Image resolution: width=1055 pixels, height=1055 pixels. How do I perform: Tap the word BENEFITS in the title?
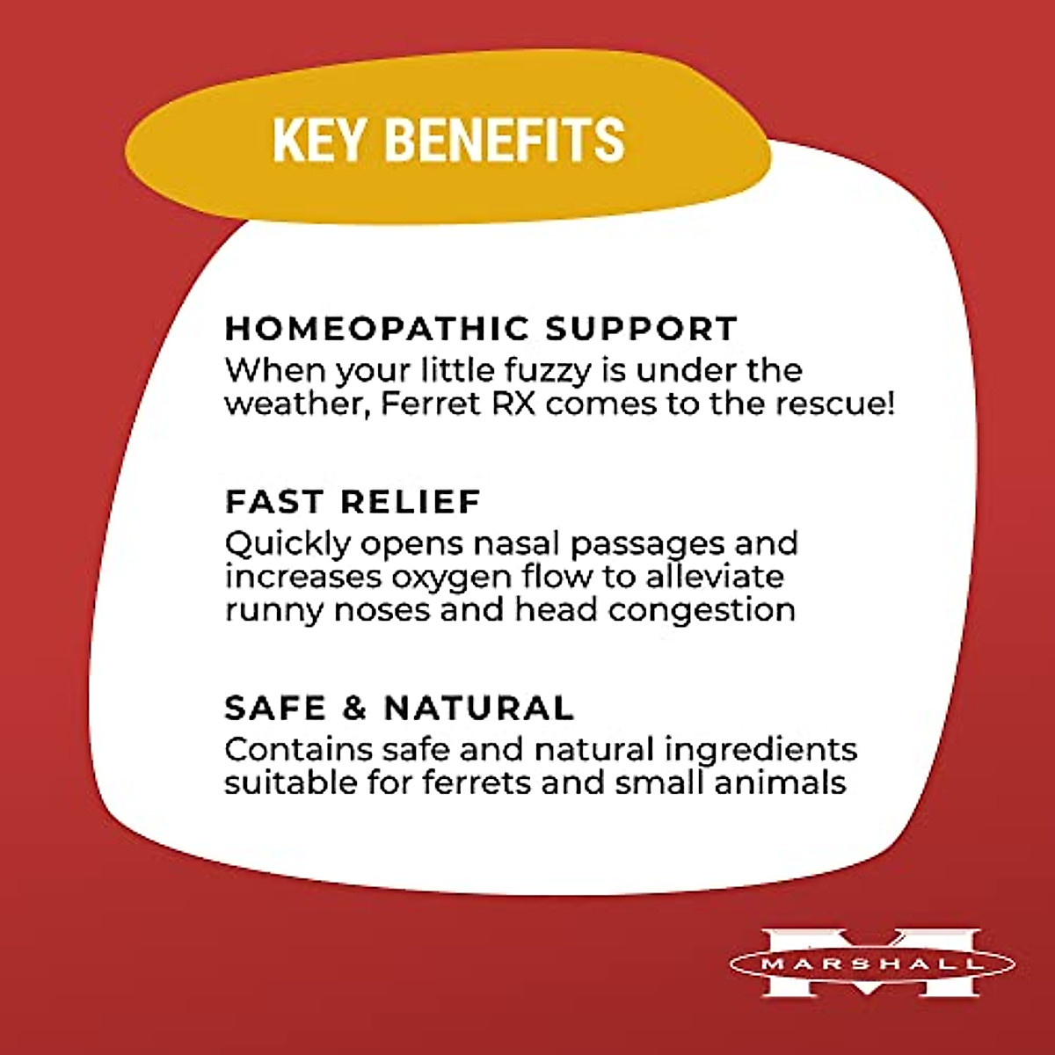click(505, 140)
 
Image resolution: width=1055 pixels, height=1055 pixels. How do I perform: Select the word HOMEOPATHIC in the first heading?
click(375, 329)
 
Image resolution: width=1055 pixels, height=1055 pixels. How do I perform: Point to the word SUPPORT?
click(640, 329)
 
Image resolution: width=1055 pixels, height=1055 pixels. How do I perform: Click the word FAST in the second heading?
click(274, 502)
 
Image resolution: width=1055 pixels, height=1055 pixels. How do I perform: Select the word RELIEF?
click(411, 502)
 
